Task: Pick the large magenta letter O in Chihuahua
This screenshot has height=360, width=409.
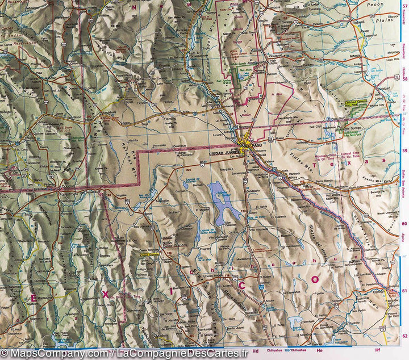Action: tap(315, 278)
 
